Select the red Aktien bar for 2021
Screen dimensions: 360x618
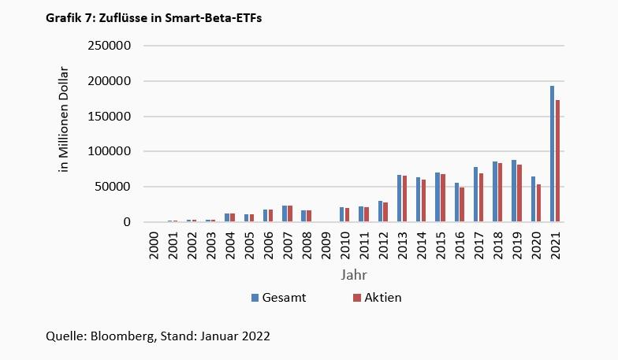[557, 161]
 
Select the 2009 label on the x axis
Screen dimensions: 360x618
[326, 245]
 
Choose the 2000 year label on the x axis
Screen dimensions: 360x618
[154, 245]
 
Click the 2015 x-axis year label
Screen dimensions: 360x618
[440, 245]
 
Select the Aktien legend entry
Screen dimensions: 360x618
[382, 298]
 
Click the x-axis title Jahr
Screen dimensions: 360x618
[352, 275]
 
